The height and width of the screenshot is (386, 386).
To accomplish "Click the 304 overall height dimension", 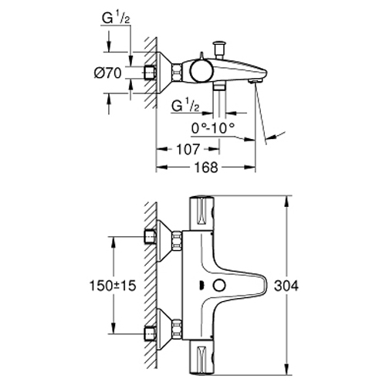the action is tap(286, 286).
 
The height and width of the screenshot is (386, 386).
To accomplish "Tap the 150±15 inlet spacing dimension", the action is tap(113, 286).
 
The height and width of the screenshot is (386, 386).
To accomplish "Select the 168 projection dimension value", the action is tap(206, 168).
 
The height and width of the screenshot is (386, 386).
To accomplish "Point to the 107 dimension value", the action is tap(188, 149).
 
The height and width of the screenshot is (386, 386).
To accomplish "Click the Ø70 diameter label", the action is tap(108, 73).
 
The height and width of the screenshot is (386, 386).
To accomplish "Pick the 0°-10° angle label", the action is tap(213, 127).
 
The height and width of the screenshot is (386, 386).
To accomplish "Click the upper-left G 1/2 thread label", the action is tap(116, 19).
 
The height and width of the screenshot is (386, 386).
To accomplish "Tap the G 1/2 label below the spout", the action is tap(185, 106).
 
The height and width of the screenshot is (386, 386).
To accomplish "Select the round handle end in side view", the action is tap(201, 72).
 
